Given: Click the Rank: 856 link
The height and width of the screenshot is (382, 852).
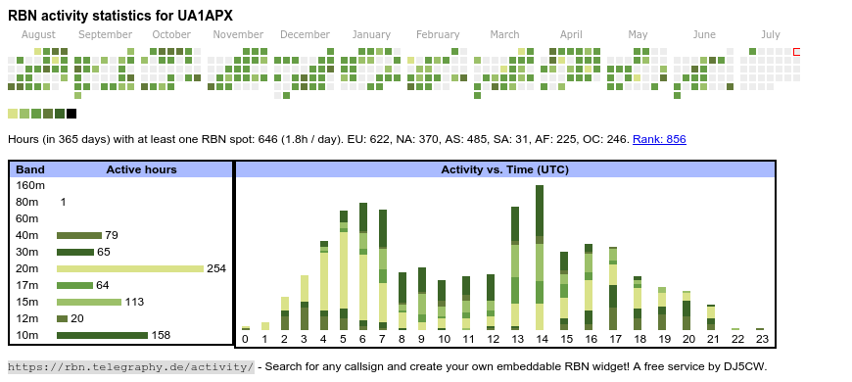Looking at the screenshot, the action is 659,139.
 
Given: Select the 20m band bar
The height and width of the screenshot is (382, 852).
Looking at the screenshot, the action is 130,268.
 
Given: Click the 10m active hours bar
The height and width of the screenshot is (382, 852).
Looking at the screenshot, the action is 102,335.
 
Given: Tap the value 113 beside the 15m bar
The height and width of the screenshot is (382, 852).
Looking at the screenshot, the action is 134,302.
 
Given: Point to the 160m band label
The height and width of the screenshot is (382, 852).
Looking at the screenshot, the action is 30,185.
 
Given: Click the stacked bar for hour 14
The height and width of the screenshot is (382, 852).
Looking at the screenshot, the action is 540,258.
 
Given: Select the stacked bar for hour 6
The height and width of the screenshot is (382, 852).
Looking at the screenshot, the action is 363,266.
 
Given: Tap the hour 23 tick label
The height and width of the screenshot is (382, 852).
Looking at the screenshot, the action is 762,339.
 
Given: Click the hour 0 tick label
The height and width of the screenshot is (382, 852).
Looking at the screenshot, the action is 245,339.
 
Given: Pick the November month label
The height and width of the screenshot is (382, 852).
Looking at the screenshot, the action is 238,35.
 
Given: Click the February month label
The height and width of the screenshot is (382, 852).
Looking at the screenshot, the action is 438,35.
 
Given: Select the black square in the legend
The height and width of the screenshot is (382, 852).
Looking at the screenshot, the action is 71,114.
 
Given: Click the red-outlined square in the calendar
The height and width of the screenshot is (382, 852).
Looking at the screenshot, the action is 796,52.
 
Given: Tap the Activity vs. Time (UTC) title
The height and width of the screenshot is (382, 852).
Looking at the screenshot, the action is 504,169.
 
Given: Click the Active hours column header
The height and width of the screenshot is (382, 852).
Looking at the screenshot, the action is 141,169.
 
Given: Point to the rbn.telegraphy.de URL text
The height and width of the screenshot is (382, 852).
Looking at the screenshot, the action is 130,366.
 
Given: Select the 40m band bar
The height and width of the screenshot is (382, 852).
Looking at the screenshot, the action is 79,235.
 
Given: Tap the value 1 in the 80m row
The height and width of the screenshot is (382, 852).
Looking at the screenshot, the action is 63,202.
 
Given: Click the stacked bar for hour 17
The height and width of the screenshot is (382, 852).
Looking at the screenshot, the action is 613,288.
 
